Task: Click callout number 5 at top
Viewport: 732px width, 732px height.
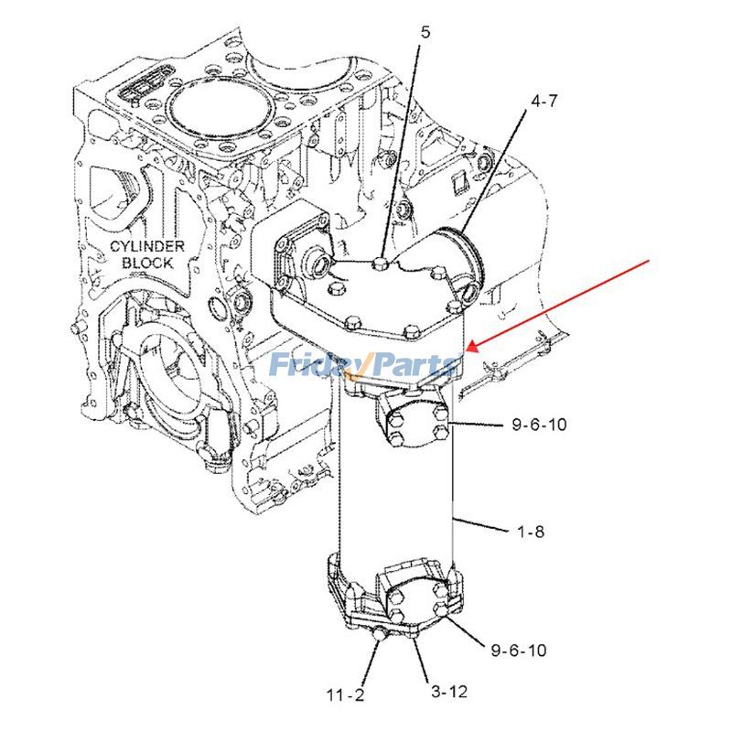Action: pos(425,32)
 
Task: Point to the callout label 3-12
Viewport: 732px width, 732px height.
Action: pos(447,691)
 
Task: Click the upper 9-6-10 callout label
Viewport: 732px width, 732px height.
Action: pos(539,425)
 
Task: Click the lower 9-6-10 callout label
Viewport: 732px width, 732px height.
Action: pos(518,651)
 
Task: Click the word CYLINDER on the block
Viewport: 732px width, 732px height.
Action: pos(148,247)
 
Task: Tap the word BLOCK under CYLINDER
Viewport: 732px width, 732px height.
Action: pos(148,263)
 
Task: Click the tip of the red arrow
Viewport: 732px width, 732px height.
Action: pos(468,349)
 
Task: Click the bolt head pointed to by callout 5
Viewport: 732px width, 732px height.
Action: pos(382,265)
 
